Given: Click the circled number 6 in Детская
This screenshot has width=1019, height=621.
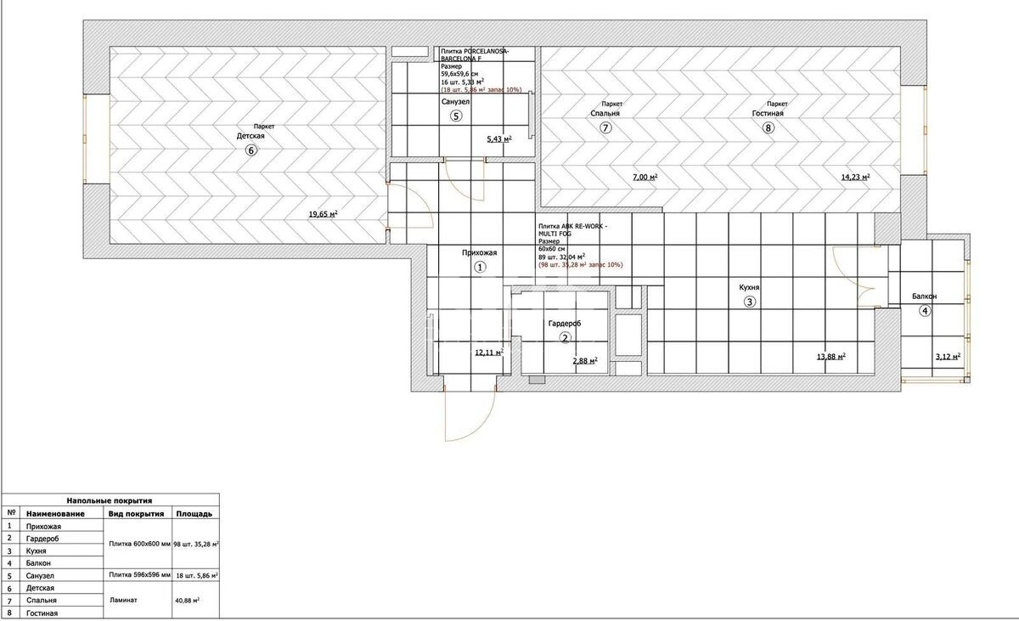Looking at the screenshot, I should point(251,150).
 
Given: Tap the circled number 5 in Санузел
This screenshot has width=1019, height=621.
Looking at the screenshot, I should point(456,116).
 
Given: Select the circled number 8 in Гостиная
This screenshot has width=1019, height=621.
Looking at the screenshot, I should point(768,128).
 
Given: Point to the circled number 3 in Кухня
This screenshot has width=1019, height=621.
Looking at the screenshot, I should point(750,302).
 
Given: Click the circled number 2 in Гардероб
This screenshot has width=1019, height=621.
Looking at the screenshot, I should point(565,337).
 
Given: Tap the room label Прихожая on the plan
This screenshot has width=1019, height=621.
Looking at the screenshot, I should point(479,252).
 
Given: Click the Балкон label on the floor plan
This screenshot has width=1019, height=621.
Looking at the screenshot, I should point(925,296).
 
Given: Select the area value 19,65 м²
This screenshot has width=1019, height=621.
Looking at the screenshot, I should point(324,215).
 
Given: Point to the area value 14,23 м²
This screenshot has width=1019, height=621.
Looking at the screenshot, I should point(855,178).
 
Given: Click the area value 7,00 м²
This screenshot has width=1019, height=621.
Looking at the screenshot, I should point(645,178).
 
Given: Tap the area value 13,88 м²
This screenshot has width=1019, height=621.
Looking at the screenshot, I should point(830,357).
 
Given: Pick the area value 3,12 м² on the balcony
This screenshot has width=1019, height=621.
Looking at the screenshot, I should point(945,357).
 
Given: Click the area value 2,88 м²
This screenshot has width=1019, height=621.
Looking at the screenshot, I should point(584,361).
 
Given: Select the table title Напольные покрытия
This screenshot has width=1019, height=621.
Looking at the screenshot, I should point(110,501).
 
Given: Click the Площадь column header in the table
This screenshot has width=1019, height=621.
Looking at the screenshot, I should point(194,514).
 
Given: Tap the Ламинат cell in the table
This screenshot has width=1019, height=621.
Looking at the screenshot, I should point(124,600).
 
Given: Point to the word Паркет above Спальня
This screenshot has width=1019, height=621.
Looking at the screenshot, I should point(611,104).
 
